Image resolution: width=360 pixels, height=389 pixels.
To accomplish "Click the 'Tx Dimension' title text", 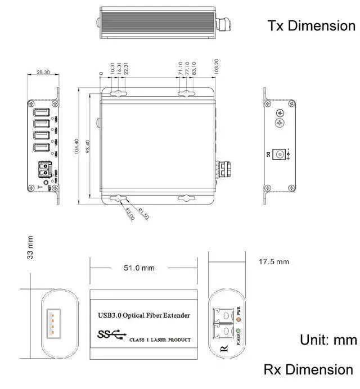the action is [311, 26].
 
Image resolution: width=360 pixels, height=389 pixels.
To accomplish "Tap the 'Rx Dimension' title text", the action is [308, 369].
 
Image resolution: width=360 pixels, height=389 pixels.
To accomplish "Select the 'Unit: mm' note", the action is [328, 340].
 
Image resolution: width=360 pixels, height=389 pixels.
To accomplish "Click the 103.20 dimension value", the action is [217, 66].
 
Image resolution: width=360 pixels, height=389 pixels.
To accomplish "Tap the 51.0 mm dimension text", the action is [139, 268].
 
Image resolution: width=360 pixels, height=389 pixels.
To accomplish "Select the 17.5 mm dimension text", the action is [273, 262].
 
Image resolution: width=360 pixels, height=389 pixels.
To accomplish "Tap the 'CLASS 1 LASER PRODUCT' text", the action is [160, 340].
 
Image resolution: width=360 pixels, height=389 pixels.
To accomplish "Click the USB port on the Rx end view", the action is [52, 324].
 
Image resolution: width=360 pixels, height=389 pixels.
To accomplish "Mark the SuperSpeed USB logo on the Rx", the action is [110, 336].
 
